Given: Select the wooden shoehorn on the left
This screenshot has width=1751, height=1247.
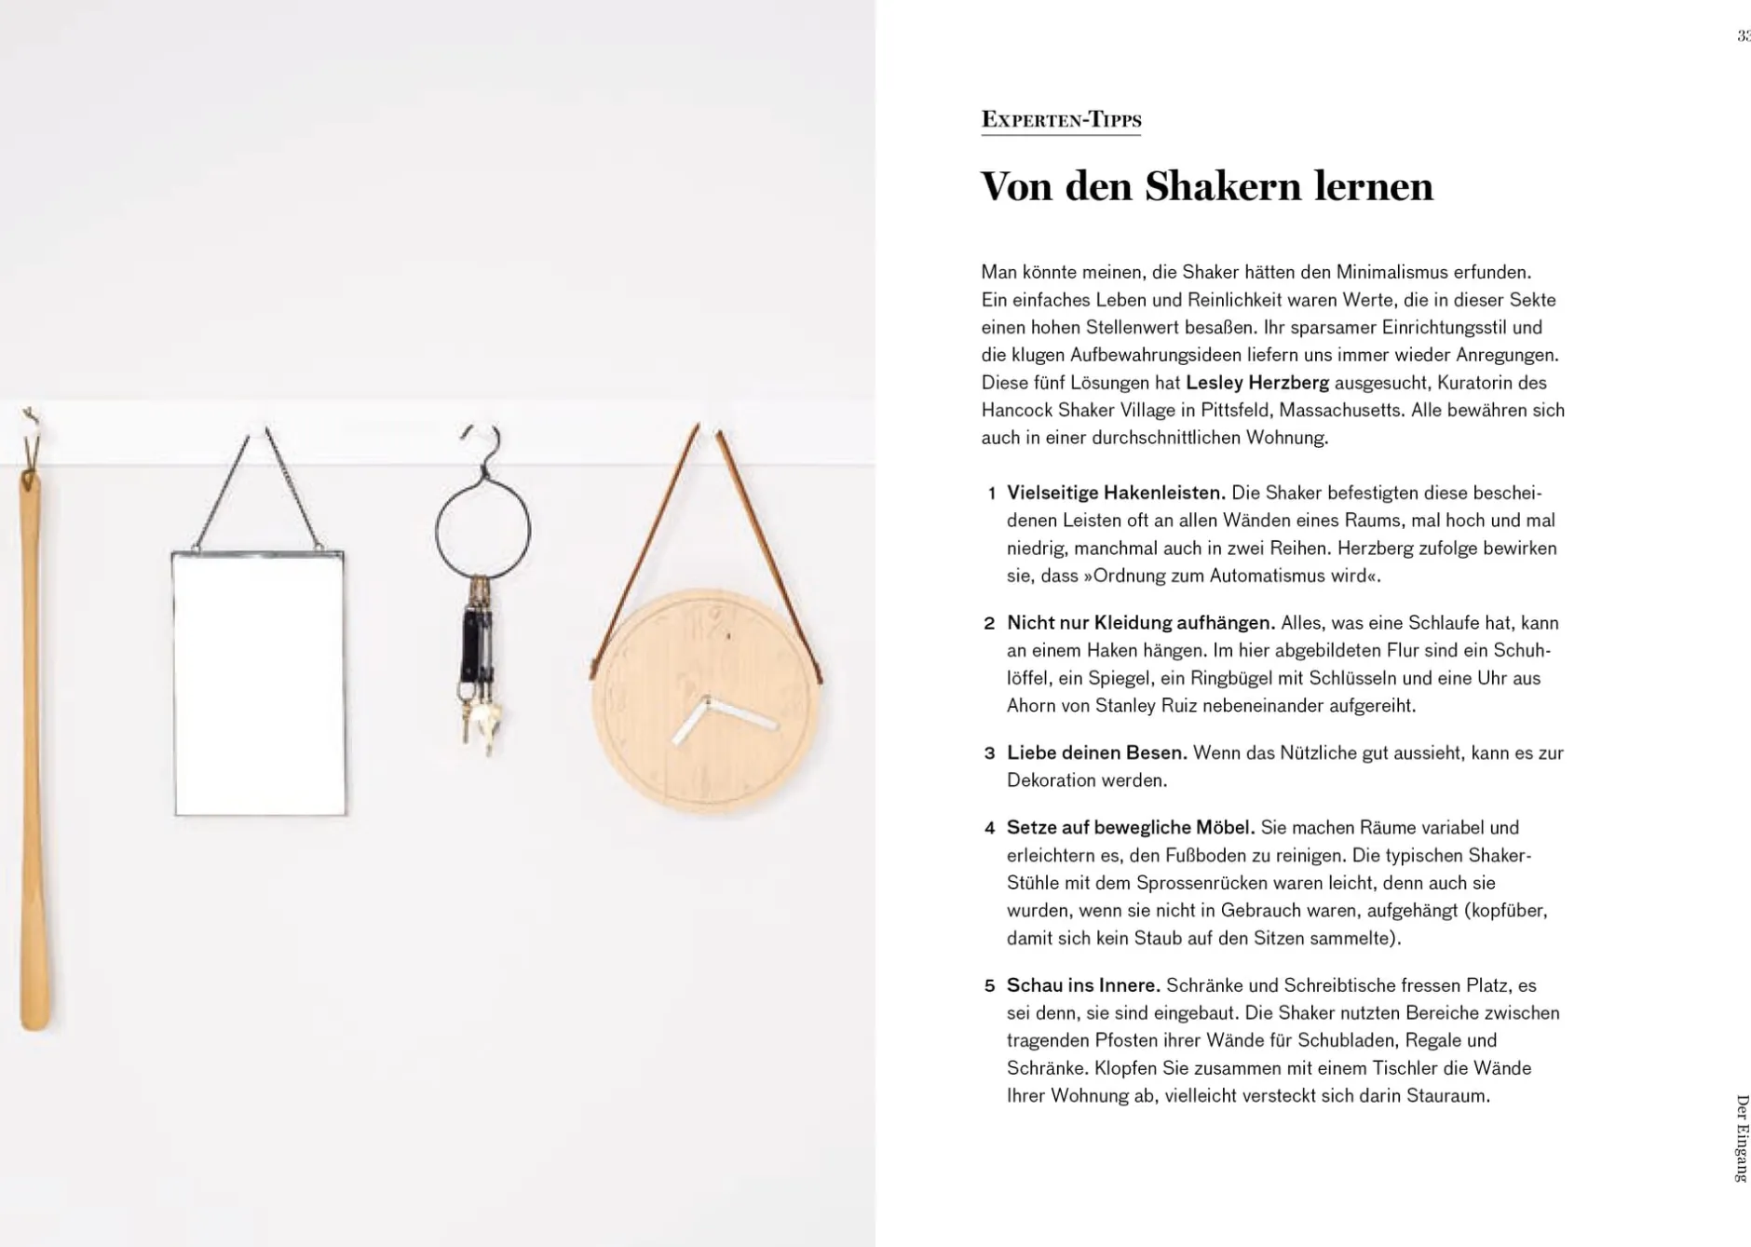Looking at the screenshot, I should click(x=34, y=745).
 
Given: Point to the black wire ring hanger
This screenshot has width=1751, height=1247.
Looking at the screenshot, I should click(x=482, y=527).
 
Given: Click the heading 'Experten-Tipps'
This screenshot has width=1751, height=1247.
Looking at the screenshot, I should click(x=1061, y=120).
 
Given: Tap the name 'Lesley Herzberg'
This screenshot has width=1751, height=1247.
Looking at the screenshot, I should click(x=1256, y=383).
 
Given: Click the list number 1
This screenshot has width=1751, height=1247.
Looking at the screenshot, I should click(x=992, y=494).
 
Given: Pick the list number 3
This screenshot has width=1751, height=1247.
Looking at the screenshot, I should click(x=990, y=753).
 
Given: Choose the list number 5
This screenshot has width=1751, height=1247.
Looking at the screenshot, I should click(x=990, y=986).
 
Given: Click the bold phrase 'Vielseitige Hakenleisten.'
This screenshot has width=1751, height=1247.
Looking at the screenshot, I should click(x=1116, y=493).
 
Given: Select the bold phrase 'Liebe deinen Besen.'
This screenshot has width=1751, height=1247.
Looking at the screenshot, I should click(x=1096, y=752).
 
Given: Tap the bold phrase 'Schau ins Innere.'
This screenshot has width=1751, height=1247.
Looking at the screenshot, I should click(x=1083, y=985).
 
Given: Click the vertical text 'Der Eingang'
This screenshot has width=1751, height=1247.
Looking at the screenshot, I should click(x=1741, y=1138).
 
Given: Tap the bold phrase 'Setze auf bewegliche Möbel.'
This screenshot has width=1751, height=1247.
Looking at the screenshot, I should click(x=1131, y=828).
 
